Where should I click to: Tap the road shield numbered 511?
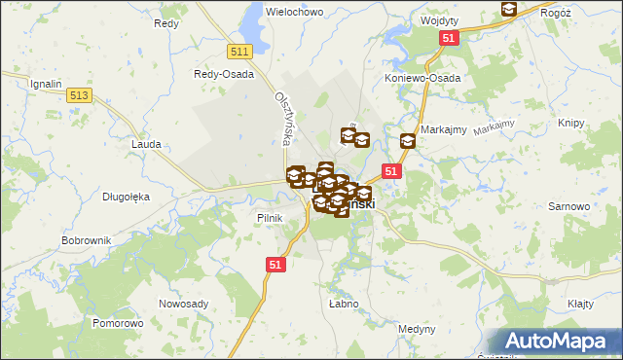coord(239,52)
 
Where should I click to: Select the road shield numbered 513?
coord(80,94)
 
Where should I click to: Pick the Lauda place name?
coord(145,143)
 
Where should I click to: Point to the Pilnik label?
coord(269,218)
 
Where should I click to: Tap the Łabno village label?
coord(344,305)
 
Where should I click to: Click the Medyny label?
coord(418,328)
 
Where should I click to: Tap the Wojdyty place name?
coord(439,19)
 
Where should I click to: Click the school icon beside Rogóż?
coord(508,9)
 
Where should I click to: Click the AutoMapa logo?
coord(559,342)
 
